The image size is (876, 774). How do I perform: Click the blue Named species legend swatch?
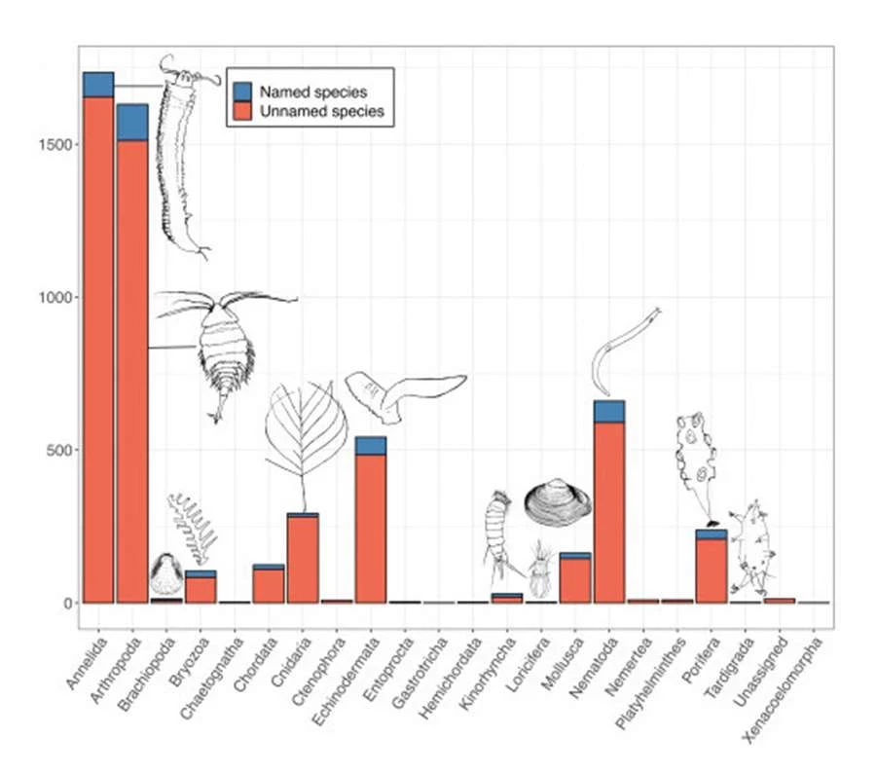point(243,92)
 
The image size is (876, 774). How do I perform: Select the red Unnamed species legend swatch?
point(243,111)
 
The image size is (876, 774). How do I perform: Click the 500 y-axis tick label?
point(60,450)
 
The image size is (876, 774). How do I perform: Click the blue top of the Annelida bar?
point(98,85)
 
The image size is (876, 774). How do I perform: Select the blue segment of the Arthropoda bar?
point(132,122)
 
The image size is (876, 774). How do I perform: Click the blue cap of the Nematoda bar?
point(609,411)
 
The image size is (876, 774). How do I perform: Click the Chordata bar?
point(269,585)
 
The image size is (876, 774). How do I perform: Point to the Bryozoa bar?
point(201,590)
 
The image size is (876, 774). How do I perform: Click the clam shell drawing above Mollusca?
point(558,502)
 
